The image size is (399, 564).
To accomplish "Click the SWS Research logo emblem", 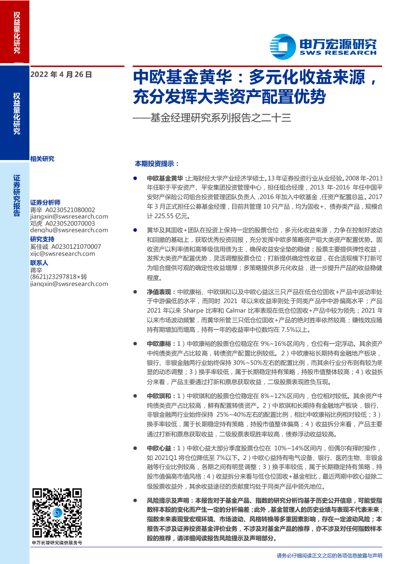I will [282, 47].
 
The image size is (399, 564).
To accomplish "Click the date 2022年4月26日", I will [61, 75].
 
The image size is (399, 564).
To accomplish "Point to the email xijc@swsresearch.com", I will [55, 253].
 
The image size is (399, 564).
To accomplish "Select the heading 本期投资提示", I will [156, 163].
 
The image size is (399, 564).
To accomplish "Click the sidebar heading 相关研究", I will [42, 159].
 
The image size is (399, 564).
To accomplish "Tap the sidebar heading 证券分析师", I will [45, 203].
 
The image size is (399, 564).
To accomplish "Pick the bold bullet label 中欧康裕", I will [159, 344].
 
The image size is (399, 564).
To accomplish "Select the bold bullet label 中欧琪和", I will [159, 395].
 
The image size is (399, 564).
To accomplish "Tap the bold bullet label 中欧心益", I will [159, 447].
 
